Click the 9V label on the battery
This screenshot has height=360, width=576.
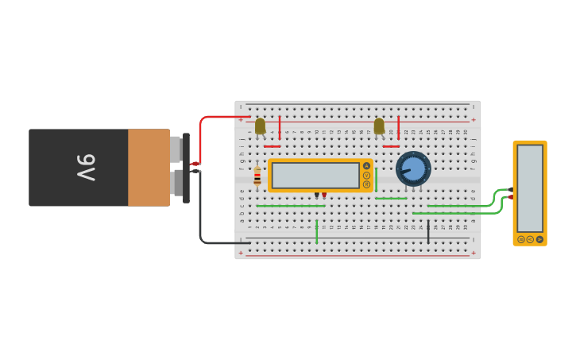pos(86,168)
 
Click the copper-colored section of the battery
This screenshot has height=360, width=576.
pos(149,168)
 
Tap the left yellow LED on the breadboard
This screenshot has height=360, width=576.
pos(260,126)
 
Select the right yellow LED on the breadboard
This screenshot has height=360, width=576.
pos(379,126)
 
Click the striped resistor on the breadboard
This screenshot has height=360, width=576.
pos(257,176)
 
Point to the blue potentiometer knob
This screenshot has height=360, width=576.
pos(413,168)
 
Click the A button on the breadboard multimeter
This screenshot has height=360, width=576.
pos(366,166)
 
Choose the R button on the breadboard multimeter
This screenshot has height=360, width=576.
pos(366,184)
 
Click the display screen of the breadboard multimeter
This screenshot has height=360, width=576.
pos(315,175)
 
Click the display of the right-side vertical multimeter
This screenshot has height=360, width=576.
pos(530,188)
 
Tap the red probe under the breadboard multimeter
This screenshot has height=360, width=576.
pos(324,195)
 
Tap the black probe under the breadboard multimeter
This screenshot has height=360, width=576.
pos(316,195)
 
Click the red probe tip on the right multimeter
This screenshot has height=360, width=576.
pos(510,196)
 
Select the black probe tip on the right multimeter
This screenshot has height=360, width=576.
pos(510,189)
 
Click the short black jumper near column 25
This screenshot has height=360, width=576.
pos(428,232)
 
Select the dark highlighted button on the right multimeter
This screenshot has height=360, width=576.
pos(539,239)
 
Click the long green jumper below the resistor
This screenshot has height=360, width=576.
pos(286,206)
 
